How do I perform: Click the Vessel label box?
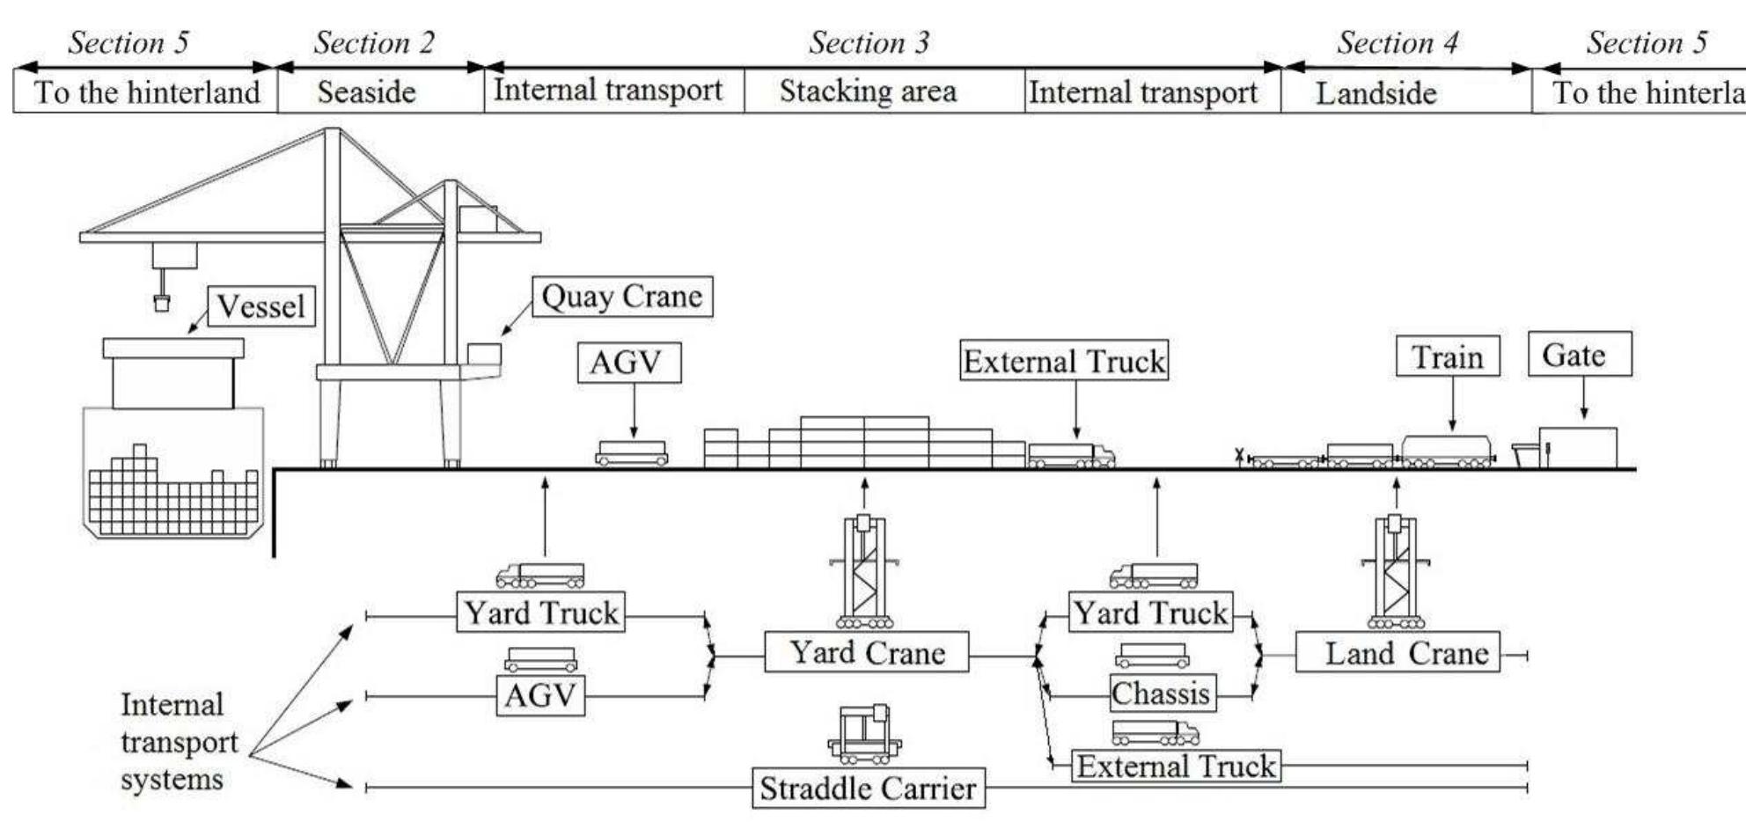[x=261, y=306]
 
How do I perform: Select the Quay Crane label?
[x=622, y=297]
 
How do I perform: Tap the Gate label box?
[x=1579, y=355]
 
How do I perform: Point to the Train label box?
[x=1448, y=356]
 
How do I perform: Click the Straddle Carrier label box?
[x=868, y=788]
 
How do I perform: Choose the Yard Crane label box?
[x=866, y=652]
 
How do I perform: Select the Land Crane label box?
[x=1398, y=653]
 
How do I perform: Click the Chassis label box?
[x=1162, y=694]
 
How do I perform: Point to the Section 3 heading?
[x=869, y=42]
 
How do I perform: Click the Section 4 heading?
[x=1397, y=42]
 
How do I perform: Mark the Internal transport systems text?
[x=178, y=741]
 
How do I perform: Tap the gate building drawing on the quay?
[x=1577, y=447]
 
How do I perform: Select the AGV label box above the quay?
[x=628, y=362]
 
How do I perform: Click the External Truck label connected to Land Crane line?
[x=1175, y=765]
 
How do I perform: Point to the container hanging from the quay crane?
[x=161, y=303]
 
